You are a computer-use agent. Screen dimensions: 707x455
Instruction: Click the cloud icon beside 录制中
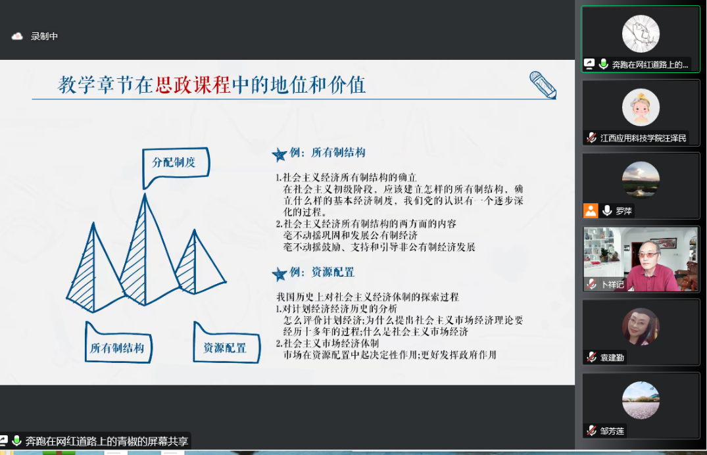(x=17, y=36)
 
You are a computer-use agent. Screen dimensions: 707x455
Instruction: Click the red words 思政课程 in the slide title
(x=193, y=85)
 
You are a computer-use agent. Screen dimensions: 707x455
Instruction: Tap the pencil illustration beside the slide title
(x=543, y=85)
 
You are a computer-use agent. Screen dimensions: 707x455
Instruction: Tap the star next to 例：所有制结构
(x=280, y=155)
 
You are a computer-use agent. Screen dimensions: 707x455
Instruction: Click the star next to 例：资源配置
(x=280, y=274)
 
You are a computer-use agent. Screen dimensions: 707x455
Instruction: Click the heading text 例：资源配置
(x=322, y=272)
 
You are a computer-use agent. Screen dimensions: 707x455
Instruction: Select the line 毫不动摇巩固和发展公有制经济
(x=351, y=235)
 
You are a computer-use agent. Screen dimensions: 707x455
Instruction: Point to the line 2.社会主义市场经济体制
(x=328, y=343)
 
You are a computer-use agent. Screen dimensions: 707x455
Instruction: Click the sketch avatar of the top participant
(x=641, y=34)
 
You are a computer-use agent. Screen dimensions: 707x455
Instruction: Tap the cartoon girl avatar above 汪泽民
(x=641, y=107)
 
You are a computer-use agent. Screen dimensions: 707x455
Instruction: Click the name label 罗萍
(x=624, y=210)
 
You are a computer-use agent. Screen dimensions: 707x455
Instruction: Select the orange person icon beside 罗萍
(x=591, y=210)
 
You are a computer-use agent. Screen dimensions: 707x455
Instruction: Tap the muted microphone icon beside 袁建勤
(x=591, y=357)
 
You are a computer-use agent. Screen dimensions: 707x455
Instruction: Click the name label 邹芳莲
(x=612, y=431)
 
